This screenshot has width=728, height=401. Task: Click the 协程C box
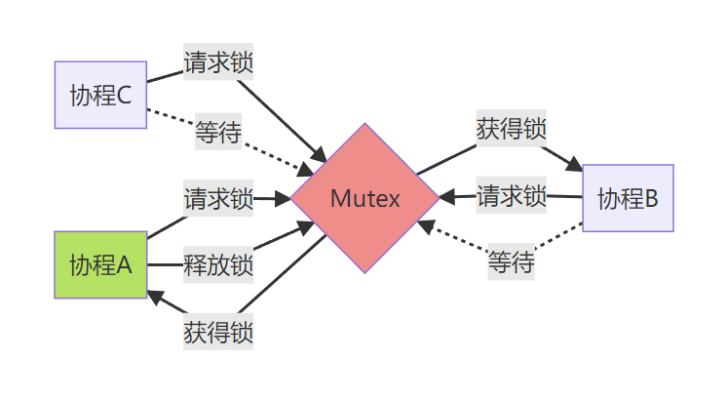point(101,95)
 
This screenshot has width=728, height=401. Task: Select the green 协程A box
point(101,263)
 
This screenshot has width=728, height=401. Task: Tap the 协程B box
point(628,198)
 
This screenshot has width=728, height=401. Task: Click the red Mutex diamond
point(364,198)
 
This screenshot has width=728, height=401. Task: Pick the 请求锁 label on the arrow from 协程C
point(218,63)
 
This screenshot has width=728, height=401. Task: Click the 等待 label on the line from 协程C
point(218,132)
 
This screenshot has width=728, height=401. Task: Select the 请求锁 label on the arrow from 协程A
point(218,199)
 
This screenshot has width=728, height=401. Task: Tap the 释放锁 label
point(218,263)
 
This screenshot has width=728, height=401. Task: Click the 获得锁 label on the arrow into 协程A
point(218,331)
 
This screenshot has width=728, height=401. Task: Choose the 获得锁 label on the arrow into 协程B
point(511,129)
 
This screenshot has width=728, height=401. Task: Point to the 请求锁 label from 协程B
point(511,196)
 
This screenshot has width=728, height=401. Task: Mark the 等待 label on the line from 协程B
point(511,262)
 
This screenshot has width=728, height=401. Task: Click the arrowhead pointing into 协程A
point(154,295)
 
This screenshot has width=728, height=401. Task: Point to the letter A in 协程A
point(124,264)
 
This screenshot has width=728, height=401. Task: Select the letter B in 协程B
point(651,199)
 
